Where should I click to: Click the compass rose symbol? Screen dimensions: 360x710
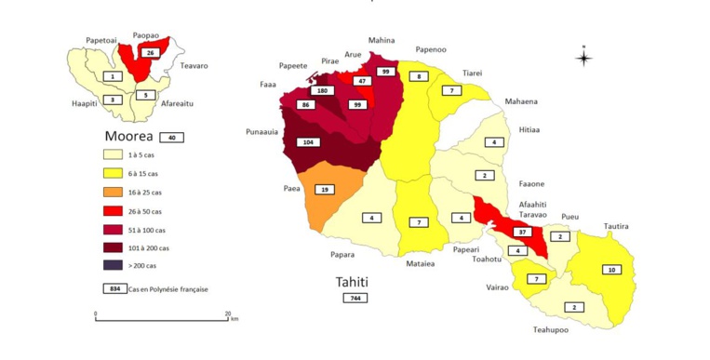[x=583, y=58]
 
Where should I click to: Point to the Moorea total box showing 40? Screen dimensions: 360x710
[x=170, y=137]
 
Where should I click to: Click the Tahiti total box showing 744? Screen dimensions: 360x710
[x=355, y=298]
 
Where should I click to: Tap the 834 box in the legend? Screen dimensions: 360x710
[x=114, y=288]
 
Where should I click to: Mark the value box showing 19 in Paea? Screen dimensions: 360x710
[x=325, y=189]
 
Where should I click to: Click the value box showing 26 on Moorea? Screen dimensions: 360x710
[x=149, y=54]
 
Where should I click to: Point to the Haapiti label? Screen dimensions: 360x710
[x=85, y=103]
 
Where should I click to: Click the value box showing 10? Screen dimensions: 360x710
[x=610, y=270]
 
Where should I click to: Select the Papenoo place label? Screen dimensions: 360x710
[x=432, y=49]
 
